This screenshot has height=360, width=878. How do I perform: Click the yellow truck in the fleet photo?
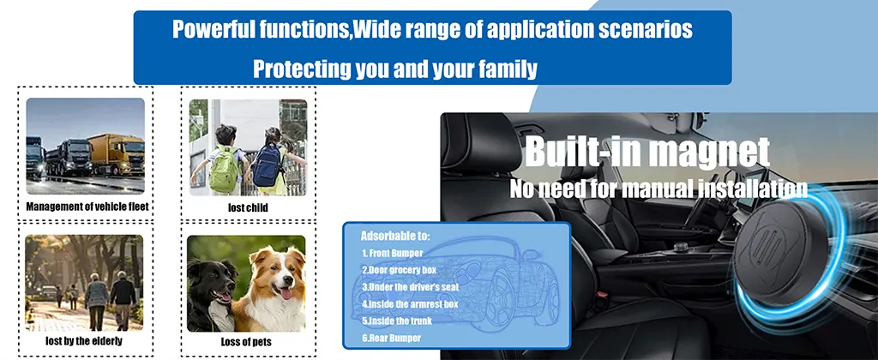point(117,154)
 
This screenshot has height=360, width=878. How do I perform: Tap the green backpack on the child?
point(226,169)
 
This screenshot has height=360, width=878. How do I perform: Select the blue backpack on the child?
point(268,165)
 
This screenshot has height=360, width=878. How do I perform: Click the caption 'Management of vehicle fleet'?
point(87,207)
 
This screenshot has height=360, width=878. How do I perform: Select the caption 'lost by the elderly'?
point(84,340)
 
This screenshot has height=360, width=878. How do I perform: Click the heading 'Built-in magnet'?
point(647,153)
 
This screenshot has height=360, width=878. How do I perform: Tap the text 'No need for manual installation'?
point(658,189)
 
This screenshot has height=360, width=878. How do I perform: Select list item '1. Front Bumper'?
point(392,253)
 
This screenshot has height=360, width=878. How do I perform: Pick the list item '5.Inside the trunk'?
point(397,321)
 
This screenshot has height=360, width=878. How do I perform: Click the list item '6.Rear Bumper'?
point(391,339)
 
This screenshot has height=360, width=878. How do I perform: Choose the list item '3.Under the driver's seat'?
point(411,287)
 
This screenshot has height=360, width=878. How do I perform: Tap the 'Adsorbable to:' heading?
point(395,236)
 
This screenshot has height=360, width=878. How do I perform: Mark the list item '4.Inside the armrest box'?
point(410,304)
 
